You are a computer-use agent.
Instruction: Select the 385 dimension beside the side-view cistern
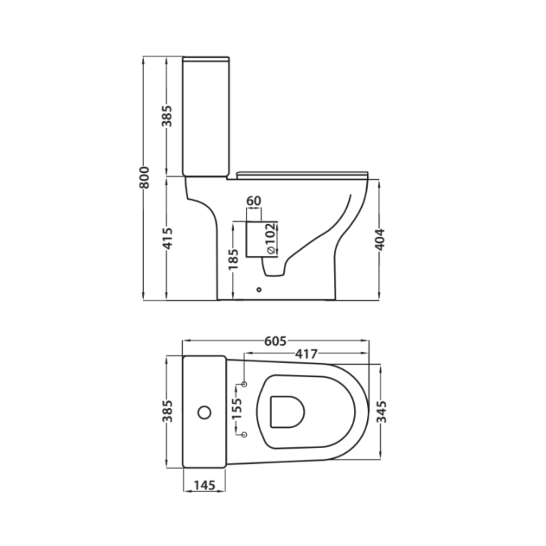[168, 116]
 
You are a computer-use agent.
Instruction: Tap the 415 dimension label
[168, 238]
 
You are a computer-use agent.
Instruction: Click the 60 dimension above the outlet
[254, 201]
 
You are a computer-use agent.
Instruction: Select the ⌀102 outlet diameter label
[269, 238]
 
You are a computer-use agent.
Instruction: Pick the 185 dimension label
[233, 259]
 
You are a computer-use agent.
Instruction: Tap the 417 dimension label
[306, 353]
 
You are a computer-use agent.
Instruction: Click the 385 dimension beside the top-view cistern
[168, 411]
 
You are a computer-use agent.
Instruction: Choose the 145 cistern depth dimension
[204, 485]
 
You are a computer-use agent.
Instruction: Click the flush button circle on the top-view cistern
[205, 412]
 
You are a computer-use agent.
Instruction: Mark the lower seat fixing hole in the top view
[245, 435]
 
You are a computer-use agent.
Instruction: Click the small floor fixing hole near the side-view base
[259, 289]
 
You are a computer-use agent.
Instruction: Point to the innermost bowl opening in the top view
[287, 412]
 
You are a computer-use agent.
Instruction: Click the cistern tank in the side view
[206, 116]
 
